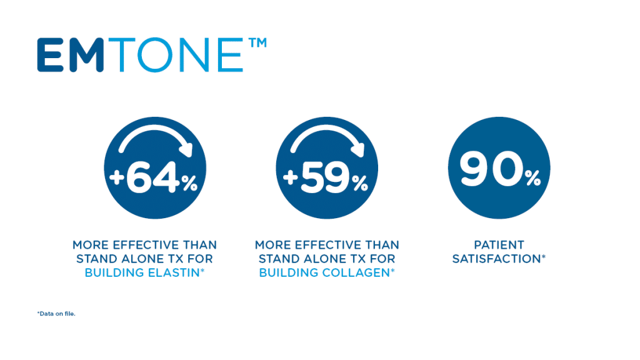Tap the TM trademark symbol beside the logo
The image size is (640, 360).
point(257,43)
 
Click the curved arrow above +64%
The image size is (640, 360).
point(155,131)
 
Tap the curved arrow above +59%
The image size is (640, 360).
point(327,131)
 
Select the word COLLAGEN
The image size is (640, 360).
point(357,272)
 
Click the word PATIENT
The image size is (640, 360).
point(499,245)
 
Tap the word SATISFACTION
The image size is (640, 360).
point(496,259)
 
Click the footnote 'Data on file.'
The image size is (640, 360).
point(56,314)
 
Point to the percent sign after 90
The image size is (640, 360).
point(532,178)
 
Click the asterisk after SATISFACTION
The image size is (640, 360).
point(543,256)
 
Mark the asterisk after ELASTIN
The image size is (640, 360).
point(202,270)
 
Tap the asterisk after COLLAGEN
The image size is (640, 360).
point(392,270)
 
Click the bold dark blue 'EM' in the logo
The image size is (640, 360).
point(70,55)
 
